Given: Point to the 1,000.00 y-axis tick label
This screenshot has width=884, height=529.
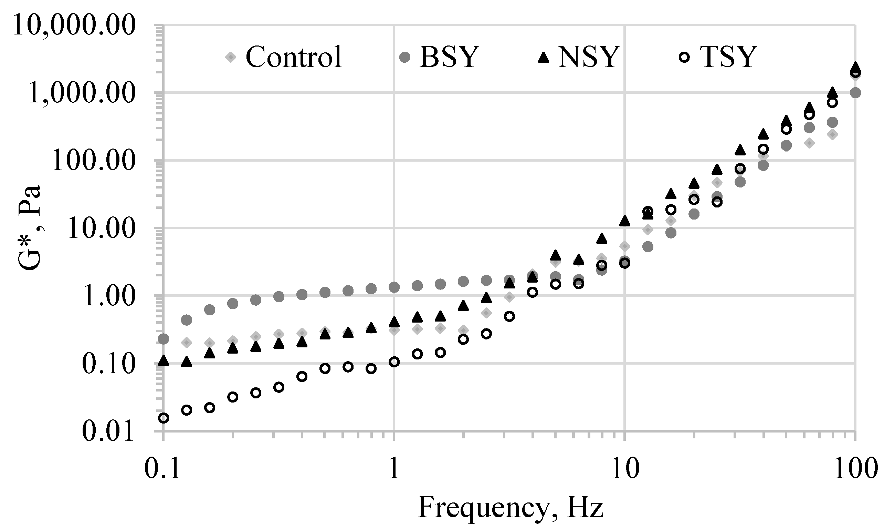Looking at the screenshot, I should pos(82,94).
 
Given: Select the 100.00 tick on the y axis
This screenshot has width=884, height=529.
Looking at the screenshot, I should pos(94,162).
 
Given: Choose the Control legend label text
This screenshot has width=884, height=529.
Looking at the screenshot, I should pos(294,57).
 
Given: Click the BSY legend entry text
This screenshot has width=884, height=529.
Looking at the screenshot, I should pos(448,57).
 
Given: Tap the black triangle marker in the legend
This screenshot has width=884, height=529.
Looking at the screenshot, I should pos(543,57).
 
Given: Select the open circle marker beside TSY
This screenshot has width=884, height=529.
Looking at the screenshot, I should pos(684,57).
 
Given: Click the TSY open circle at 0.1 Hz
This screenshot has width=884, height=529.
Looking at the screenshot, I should pos(164,418).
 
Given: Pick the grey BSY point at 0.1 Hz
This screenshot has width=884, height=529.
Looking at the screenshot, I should pos(164,339).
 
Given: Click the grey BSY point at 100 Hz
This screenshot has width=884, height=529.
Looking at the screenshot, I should pos(855,93).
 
